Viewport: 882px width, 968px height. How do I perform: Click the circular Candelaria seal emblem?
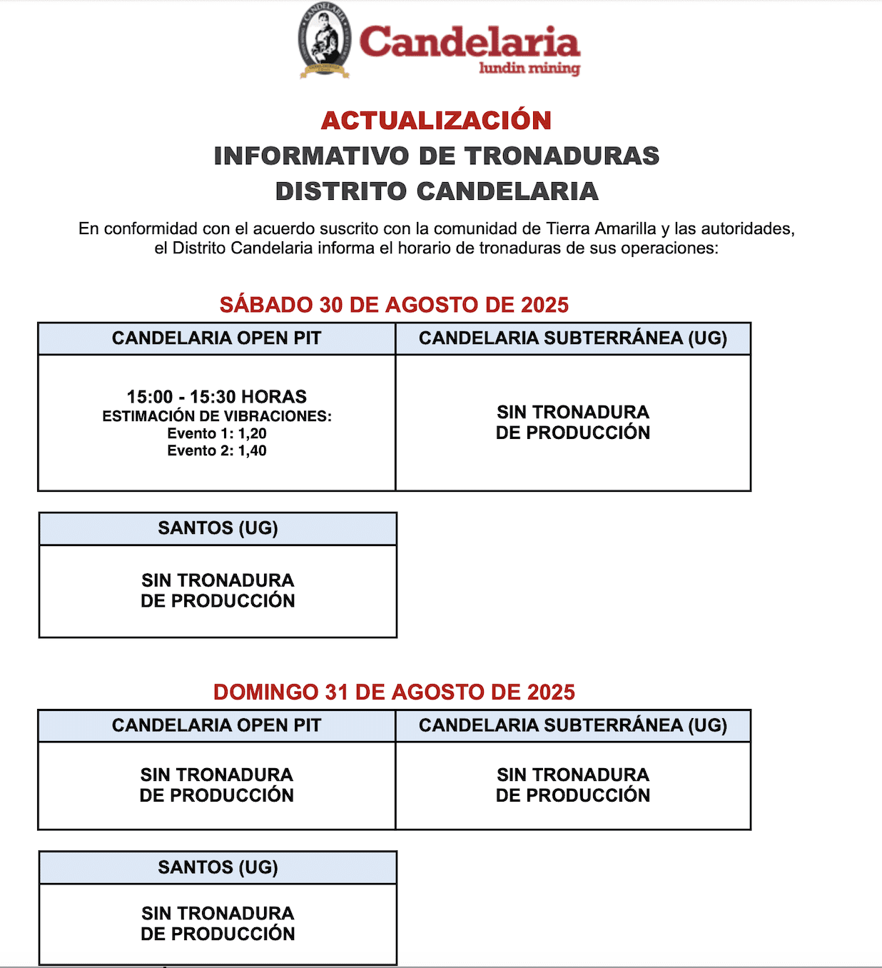click(x=325, y=39)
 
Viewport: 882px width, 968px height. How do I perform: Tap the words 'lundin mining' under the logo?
click(x=529, y=69)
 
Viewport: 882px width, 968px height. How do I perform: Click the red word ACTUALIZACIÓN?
click(x=436, y=121)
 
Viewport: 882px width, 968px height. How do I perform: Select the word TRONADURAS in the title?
click(x=562, y=156)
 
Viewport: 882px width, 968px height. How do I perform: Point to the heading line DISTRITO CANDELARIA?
click(x=437, y=191)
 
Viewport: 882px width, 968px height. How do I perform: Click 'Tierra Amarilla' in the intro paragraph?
click(x=601, y=229)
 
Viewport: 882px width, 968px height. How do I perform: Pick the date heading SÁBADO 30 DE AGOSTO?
click(x=394, y=305)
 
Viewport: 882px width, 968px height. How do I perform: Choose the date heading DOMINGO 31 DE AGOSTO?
click(x=394, y=692)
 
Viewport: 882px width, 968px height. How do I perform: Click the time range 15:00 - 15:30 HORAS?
click(x=217, y=397)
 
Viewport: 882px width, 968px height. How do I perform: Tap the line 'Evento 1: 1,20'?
click(x=217, y=433)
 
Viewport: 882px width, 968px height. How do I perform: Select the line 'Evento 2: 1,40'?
click(x=217, y=450)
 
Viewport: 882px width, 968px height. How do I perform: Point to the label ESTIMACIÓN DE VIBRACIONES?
click(x=217, y=416)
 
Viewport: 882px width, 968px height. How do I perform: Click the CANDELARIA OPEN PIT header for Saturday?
click(x=217, y=338)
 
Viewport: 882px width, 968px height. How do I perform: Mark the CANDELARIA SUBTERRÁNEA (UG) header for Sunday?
click(x=573, y=725)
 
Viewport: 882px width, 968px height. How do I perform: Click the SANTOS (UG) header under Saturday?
click(x=218, y=528)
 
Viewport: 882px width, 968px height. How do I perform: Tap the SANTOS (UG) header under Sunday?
click(x=218, y=867)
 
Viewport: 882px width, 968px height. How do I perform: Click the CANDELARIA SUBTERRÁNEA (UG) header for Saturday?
click(x=573, y=338)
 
